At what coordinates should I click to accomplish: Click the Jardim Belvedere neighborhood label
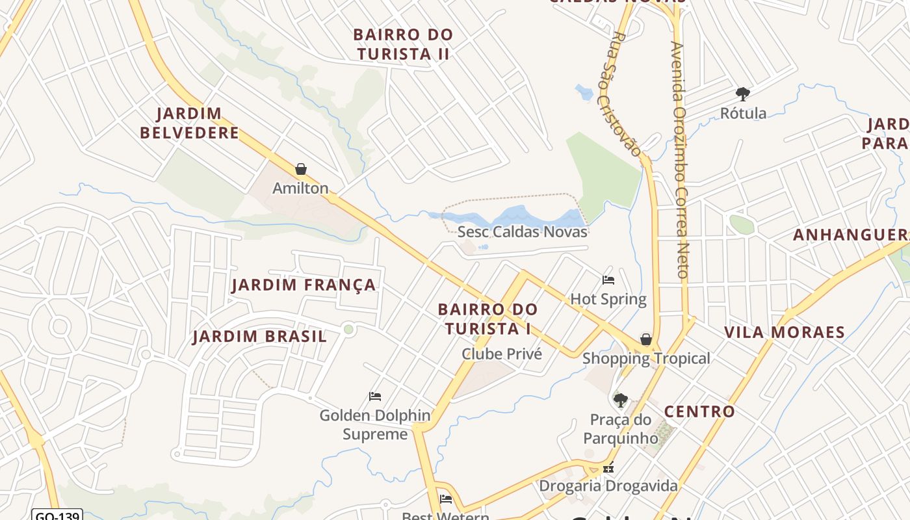coord(189,123)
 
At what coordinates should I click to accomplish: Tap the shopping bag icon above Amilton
coord(301,170)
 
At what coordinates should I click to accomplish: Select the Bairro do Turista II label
coord(403,44)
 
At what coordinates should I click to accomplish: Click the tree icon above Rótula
coord(742,94)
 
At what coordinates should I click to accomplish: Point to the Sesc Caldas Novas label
coord(522,232)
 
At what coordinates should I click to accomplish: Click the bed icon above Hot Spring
coord(608,280)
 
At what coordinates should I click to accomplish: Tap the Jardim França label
coord(304,285)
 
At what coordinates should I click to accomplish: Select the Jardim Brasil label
coord(259,337)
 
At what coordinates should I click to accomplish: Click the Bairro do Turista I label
coord(487,318)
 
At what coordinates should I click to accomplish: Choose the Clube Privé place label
coord(501,354)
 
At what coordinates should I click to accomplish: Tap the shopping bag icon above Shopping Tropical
coord(646,339)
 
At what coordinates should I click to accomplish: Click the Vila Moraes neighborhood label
coord(785,333)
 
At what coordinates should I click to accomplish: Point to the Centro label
coord(699,411)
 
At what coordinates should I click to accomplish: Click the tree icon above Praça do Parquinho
coord(621,400)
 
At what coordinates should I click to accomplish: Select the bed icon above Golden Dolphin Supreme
coord(375,396)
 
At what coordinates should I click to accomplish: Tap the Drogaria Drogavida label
coord(608,486)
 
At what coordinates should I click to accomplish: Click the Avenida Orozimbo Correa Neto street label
coord(679,159)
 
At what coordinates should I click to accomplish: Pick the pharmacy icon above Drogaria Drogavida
coord(608,467)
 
